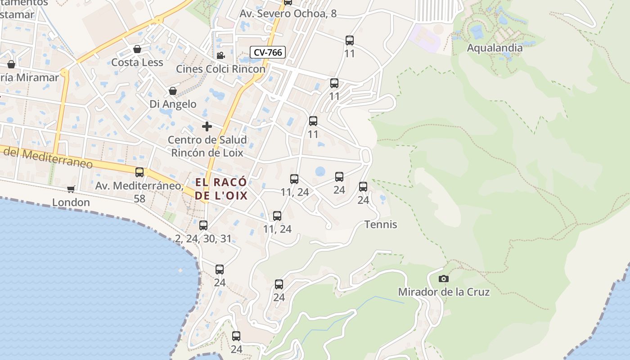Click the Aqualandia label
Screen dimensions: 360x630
click(x=495, y=48)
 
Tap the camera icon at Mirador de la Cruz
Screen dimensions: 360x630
click(x=443, y=279)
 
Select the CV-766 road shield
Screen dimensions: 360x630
click(x=268, y=52)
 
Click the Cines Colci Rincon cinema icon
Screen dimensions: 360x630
click(x=220, y=56)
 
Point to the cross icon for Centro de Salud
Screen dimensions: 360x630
click(x=207, y=126)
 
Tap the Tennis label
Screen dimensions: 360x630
click(x=381, y=224)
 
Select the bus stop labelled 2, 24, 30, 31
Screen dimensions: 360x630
click(x=203, y=225)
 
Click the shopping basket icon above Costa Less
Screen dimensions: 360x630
click(x=137, y=49)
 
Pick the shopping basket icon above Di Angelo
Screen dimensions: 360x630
click(x=172, y=91)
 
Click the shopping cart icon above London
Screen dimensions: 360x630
click(x=71, y=189)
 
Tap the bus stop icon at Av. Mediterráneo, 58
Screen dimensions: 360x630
click(x=139, y=172)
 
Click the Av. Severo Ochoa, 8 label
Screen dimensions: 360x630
click(x=288, y=13)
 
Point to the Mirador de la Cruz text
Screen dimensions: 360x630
click(x=444, y=292)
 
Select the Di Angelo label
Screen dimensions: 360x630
click(x=173, y=104)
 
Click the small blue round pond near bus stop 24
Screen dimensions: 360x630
click(x=320, y=171)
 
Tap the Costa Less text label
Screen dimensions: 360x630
click(x=137, y=62)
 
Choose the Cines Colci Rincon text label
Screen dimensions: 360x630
click(x=220, y=69)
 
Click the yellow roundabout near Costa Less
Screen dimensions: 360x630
click(x=158, y=20)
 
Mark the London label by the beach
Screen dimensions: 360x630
click(x=71, y=202)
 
